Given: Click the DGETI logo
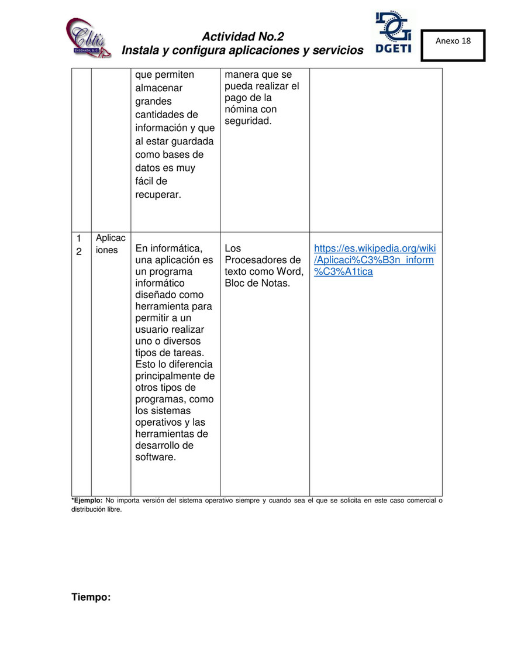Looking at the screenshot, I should pos(393,34).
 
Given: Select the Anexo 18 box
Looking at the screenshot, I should pos(453,45).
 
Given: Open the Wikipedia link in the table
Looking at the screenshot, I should pos(375,260).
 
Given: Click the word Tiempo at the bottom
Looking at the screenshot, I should pos(91,597).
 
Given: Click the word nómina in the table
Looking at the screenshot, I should pos(240,109).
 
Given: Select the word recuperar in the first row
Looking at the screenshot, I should pos(158,195).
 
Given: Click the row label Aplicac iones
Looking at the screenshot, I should pos(111,244).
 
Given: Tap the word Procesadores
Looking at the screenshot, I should pos(263,260).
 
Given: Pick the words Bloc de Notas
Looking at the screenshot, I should pos(257,284).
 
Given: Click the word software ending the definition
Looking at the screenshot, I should pos(156,457).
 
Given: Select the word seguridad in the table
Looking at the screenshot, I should pos(248,121).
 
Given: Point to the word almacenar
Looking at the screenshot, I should pos(159,88).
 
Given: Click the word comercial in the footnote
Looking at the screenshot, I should pos(420,501).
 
